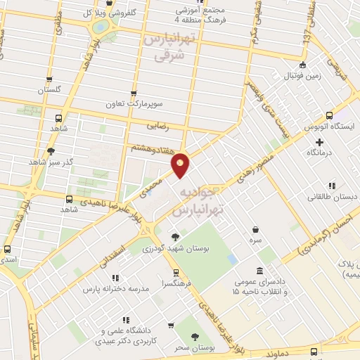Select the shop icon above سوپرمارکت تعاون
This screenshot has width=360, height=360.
(x=134, y=93)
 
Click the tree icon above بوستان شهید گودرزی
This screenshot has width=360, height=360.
(x=174, y=237)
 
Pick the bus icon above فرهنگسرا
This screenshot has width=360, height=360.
(x=175, y=273)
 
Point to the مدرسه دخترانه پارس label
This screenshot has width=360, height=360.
(x=115, y=289)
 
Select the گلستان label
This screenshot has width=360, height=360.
(x=49, y=90)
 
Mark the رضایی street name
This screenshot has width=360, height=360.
(x=157, y=127)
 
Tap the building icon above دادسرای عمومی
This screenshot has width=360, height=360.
(x=260, y=271)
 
